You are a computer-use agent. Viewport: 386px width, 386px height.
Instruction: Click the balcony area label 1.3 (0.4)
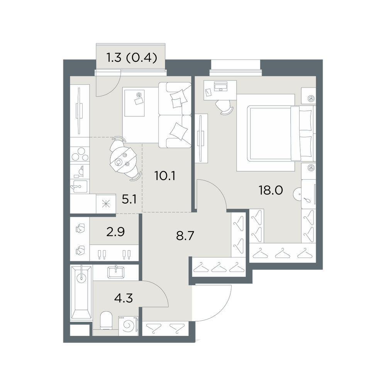(x=132, y=58)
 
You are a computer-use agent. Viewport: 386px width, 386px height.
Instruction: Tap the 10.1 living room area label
(x=165, y=176)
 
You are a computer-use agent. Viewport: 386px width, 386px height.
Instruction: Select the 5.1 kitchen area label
(x=129, y=200)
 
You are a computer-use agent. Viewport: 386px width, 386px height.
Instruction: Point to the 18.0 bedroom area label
(x=271, y=190)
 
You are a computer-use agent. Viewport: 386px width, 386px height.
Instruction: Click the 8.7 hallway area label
(x=185, y=235)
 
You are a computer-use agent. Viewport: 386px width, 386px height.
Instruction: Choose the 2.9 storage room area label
(x=115, y=232)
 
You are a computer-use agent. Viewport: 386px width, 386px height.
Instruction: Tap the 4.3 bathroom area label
(x=124, y=298)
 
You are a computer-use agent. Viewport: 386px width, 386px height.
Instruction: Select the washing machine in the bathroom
(x=129, y=326)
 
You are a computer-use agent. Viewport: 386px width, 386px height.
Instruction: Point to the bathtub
(x=81, y=293)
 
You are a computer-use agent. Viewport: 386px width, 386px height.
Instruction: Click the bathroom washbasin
(x=116, y=273)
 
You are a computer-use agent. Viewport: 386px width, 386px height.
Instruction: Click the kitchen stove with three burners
(x=80, y=154)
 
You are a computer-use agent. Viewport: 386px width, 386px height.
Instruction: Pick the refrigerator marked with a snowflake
(x=106, y=203)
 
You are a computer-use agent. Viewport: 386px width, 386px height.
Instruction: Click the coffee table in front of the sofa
(x=135, y=103)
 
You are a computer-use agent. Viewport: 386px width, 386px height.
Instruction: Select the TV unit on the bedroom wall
(x=201, y=138)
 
